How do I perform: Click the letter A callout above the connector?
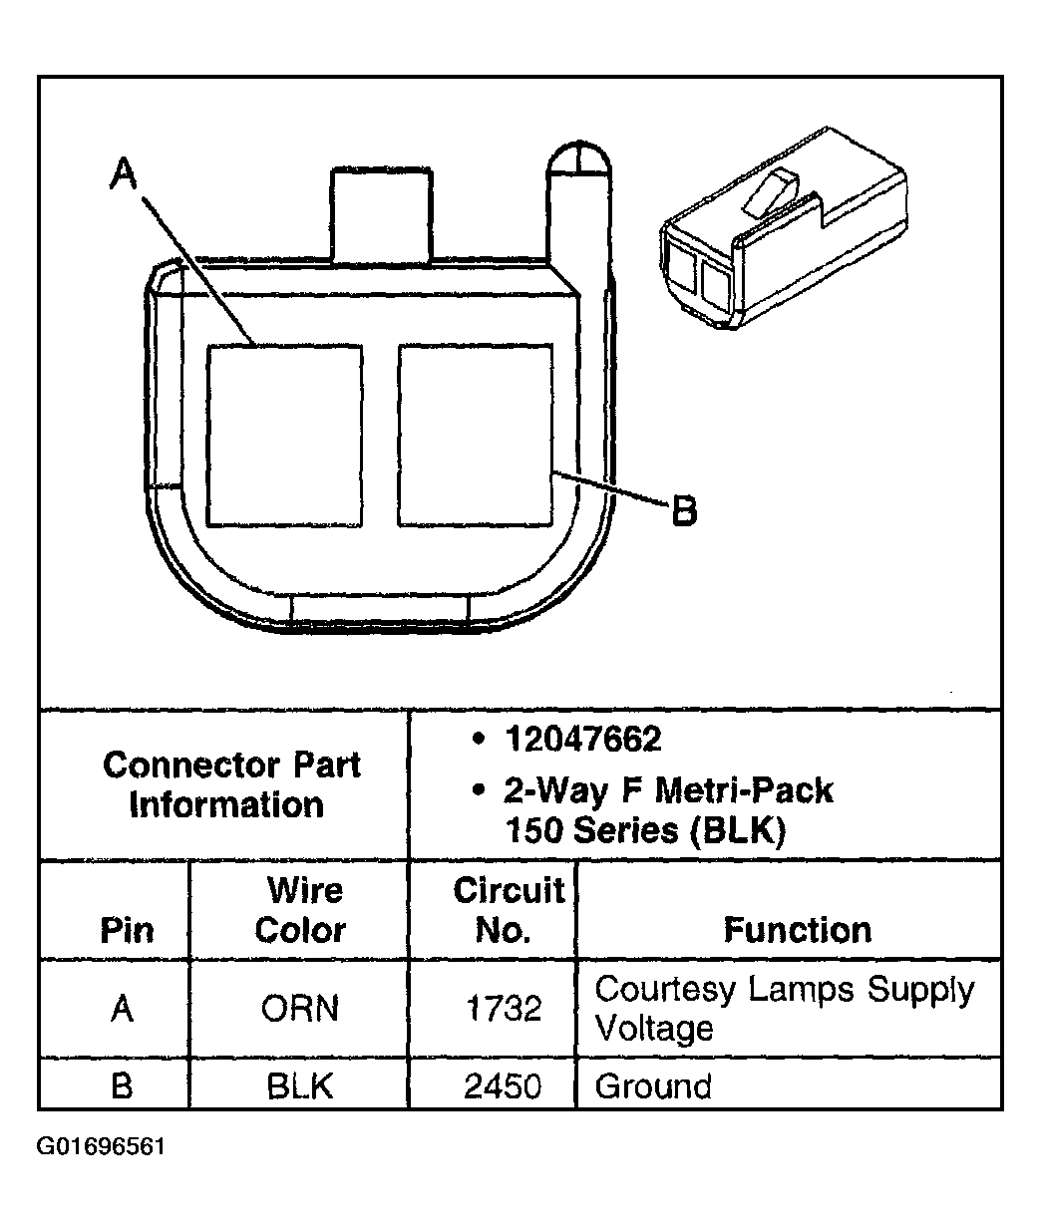(123, 174)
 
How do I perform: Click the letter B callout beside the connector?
(683, 511)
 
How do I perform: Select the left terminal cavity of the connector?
(284, 436)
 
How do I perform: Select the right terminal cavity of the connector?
(475, 436)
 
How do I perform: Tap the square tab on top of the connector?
(382, 212)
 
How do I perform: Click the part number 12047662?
(582, 740)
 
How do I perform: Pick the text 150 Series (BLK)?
(645, 830)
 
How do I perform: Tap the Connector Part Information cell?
(230, 784)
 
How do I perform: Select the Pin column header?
(127, 930)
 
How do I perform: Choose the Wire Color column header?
(300, 909)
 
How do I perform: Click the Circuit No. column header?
(507, 909)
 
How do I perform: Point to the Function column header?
(797, 930)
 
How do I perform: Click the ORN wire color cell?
(300, 1009)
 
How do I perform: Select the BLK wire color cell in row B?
(300, 1085)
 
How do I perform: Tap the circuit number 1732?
(504, 1009)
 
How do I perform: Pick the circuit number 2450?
(504, 1085)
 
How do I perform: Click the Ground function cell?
(653, 1085)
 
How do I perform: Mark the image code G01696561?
(101, 1147)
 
